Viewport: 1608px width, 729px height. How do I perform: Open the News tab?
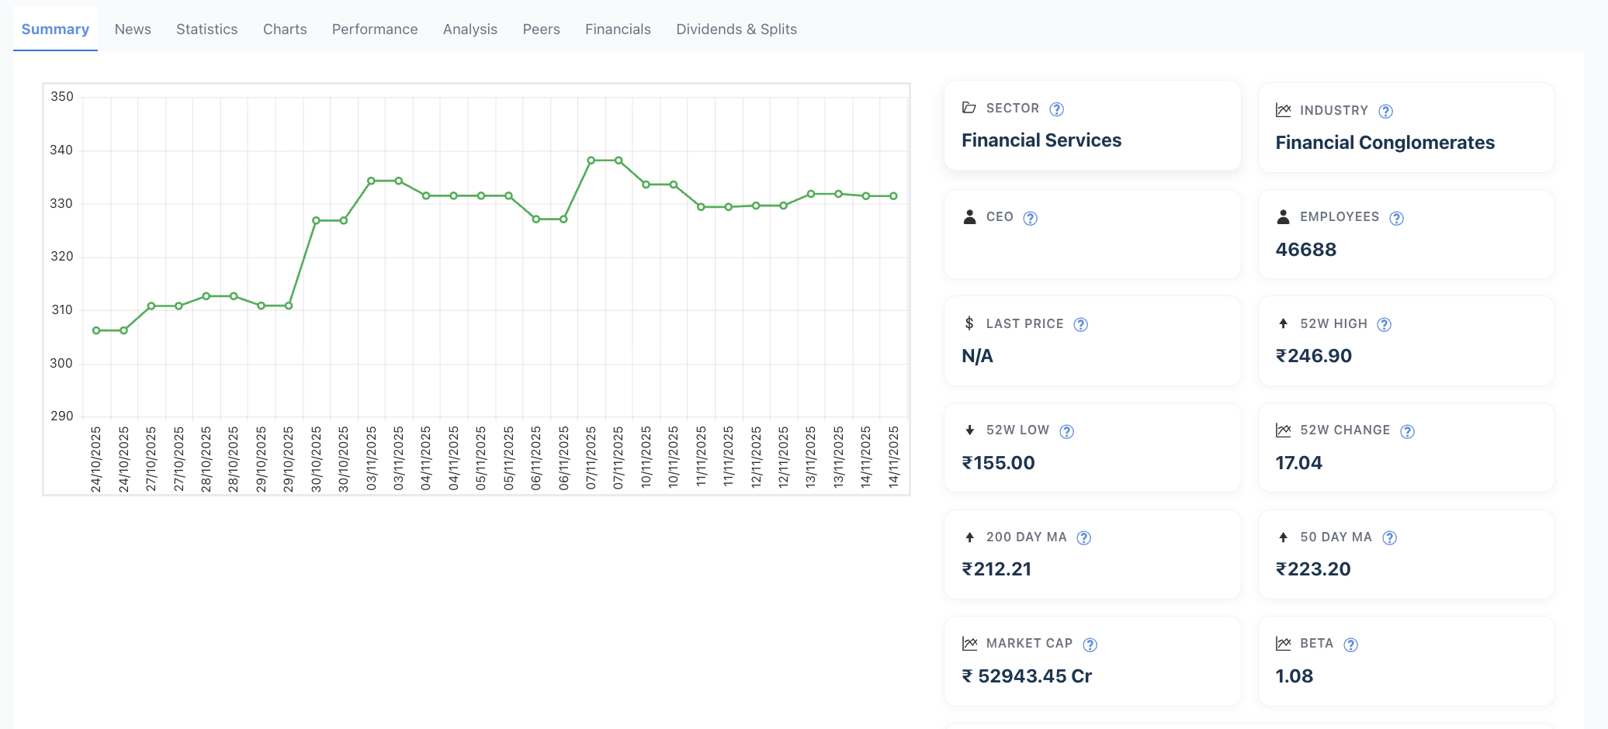133,29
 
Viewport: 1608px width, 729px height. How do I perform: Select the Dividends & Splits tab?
736,29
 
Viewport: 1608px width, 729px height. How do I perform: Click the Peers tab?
541,29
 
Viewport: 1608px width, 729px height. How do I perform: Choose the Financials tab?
618,29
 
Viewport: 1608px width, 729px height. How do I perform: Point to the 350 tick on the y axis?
62,97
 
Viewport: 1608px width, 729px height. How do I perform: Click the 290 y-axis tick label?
62,416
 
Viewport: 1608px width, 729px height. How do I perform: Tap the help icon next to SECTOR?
1056,109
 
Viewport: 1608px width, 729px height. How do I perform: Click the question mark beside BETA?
1350,644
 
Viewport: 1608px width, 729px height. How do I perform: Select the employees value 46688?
1306,250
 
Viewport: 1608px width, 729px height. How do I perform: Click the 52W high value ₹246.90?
1314,356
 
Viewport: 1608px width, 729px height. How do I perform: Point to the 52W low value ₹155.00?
999,463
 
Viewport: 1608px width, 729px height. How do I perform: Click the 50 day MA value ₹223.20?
1313,569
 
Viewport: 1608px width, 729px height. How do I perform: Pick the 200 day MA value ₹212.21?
997,569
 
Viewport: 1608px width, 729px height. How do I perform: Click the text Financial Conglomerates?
1385,143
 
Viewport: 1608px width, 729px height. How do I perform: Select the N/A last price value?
978,356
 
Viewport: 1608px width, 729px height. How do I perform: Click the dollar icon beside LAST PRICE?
969,323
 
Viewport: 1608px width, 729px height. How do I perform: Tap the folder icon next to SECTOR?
969,108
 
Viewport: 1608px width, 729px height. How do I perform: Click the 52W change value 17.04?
1299,463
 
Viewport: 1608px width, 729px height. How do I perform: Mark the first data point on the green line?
96,330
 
